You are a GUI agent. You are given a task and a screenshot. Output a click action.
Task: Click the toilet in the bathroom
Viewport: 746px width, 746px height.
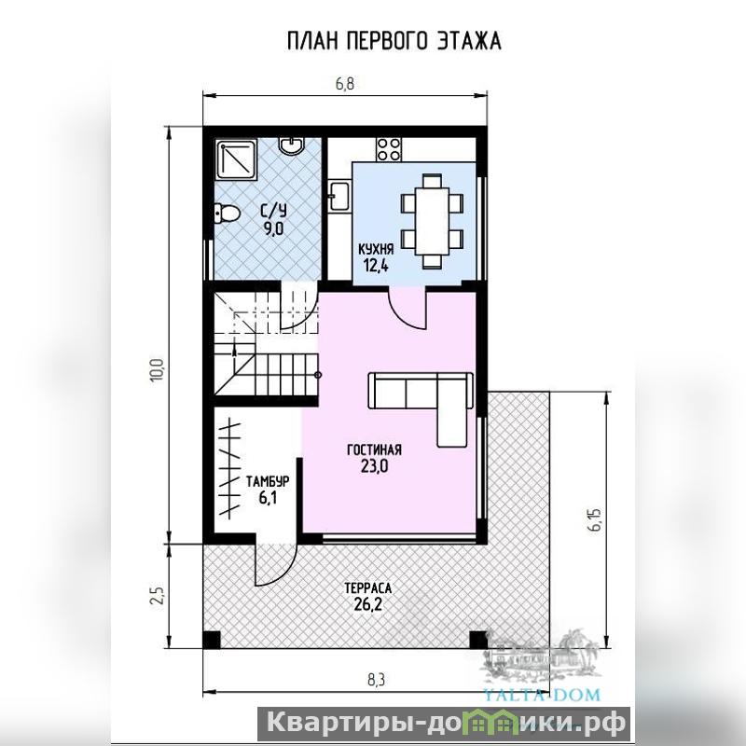coord(226,214)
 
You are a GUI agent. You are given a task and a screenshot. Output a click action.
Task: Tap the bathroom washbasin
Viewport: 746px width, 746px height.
coord(290,145)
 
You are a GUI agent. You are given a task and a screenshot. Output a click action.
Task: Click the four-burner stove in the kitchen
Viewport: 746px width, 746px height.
coord(388,149)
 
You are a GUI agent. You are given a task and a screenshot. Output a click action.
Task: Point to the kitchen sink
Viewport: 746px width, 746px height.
coord(339,195)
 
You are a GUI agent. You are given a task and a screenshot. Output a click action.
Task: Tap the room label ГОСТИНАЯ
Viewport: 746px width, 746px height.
coord(375,449)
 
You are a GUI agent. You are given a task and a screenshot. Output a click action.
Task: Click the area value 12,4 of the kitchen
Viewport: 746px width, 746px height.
coord(376,266)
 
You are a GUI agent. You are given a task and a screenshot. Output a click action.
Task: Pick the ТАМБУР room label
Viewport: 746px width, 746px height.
coord(268,481)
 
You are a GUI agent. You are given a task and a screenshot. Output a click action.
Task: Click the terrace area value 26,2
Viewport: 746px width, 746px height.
coord(367,604)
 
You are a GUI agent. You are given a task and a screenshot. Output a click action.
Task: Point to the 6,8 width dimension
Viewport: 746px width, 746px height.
coord(345,84)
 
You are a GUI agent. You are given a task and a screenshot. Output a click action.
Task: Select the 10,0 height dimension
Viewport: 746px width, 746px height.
coord(158,369)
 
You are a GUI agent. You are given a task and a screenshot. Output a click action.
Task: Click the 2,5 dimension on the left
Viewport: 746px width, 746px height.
coord(158,595)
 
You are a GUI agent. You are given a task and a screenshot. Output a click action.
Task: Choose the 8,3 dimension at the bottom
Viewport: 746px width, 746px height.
coord(376,680)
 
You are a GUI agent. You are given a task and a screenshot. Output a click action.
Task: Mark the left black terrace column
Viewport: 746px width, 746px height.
coord(212,640)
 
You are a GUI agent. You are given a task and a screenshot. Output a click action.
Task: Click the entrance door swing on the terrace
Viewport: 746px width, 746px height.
coord(276,564)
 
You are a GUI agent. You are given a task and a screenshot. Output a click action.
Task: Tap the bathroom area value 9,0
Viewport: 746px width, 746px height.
coord(274,228)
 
